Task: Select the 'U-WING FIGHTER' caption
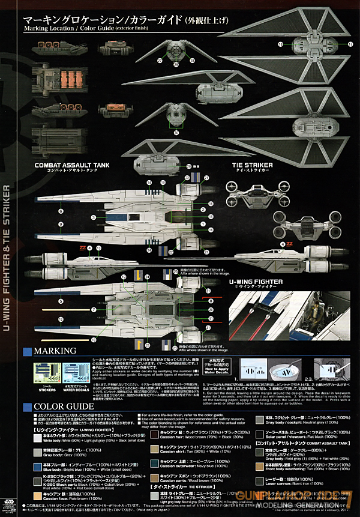pyautogui.click(x=259, y=280)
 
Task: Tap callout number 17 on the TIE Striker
pyautogui.click(x=350, y=44)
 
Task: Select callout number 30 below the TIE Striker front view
pyautogui.click(x=175, y=133)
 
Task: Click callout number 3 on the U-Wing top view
pyautogui.click(x=94, y=217)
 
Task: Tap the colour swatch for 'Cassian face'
pyautogui.click(x=31, y=497)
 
